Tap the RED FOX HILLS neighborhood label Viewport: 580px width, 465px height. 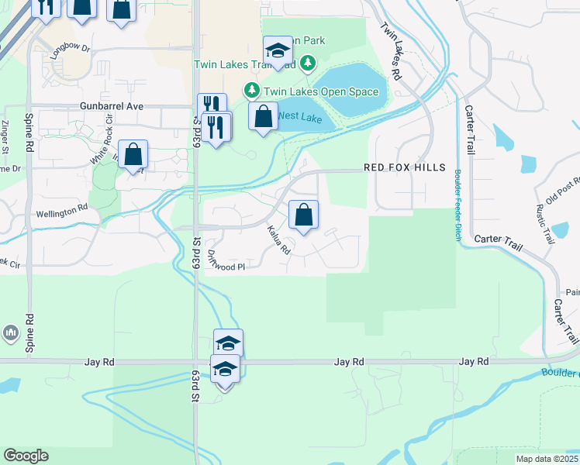(405, 168)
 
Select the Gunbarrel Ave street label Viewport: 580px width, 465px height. (112, 106)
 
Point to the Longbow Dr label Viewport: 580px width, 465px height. (70, 52)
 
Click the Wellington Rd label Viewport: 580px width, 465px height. (62, 211)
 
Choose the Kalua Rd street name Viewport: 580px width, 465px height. (278, 240)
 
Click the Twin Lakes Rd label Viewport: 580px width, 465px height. (390, 51)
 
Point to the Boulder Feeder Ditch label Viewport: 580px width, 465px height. (458, 205)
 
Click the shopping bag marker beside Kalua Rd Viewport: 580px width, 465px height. (304, 214)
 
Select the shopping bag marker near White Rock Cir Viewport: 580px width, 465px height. (133, 154)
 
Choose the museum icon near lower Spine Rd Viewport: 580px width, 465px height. (11, 333)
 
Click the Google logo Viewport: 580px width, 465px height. (26, 456)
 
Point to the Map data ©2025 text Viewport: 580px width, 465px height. (547, 459)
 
